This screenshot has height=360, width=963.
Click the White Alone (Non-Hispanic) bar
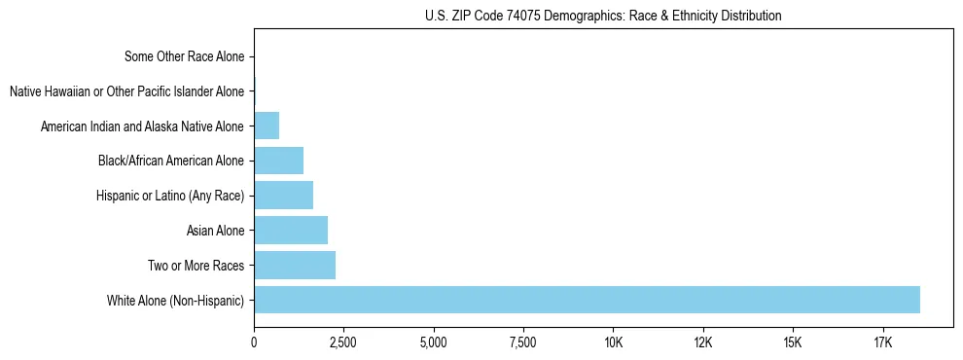click(x=587, y=300)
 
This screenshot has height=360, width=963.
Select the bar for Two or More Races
click(x=295, y=265)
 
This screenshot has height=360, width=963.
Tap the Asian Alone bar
click(x=291, y=231)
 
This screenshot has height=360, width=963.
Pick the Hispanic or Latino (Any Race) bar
click(x=283, y=196)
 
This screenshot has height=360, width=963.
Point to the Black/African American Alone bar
click(x=278, y=161)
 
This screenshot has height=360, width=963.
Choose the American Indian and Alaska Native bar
click(x=267, y=126)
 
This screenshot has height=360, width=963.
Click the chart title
click(x=603, y=17)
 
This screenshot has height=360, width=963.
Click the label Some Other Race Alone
click(x=185, y=57)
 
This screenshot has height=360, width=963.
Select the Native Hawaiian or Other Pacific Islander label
click(x=126, y=92)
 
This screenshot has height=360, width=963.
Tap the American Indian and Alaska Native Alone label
click(x=142, y=126)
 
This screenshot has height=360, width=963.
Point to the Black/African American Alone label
click(x=171, y=161)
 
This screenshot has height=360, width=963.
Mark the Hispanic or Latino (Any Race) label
click(x=170, y=196)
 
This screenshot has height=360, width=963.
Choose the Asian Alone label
click(x=215, y=231)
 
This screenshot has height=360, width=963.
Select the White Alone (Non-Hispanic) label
click(x=176, y=300)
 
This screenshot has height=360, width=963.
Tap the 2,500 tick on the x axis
click(x=343, y=343)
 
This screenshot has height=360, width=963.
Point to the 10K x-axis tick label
click(x=613, y=343)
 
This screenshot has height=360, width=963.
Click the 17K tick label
click(x=882, y=343)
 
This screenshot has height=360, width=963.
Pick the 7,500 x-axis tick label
click(x=523, y=343)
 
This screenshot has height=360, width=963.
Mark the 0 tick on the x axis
click(x=254, y=343)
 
